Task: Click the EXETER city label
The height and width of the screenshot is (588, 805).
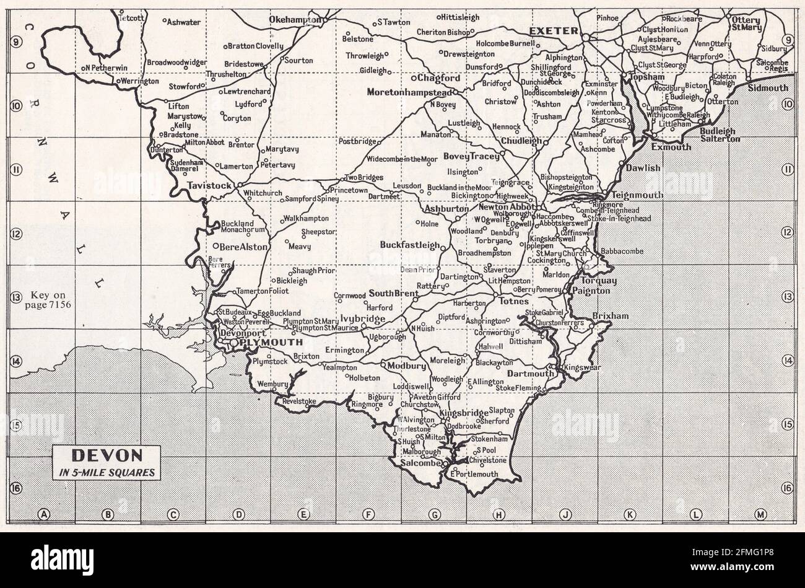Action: [554, 30]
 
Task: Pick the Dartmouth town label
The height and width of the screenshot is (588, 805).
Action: [531, 374]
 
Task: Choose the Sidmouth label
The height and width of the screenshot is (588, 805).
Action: [768, 88]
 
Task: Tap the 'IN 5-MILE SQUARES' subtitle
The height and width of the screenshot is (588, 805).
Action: [108, 472]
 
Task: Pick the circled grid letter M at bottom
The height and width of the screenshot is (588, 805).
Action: [760, 513]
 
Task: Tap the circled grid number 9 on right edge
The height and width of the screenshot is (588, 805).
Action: [787, 40]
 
